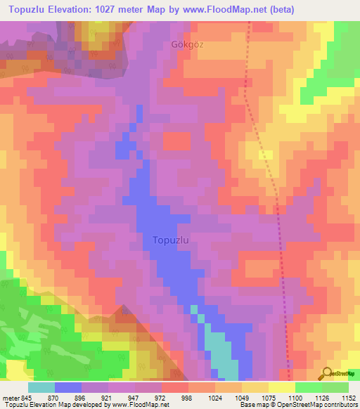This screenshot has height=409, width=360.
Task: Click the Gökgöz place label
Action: click(x=186, y=44)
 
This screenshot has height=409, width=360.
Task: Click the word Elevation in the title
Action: click(x=79, y=9)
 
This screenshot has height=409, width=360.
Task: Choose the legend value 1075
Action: click(x=269, y=397)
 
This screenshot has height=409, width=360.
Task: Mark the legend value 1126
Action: click(x=322, y=397)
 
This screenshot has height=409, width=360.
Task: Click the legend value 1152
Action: click(x=348, y=397)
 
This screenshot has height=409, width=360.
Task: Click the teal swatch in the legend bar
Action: click(x=41, y=387)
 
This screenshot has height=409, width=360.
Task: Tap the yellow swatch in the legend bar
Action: click(x=281, y=387)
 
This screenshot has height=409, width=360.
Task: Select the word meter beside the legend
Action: click(x=11, y=397)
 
